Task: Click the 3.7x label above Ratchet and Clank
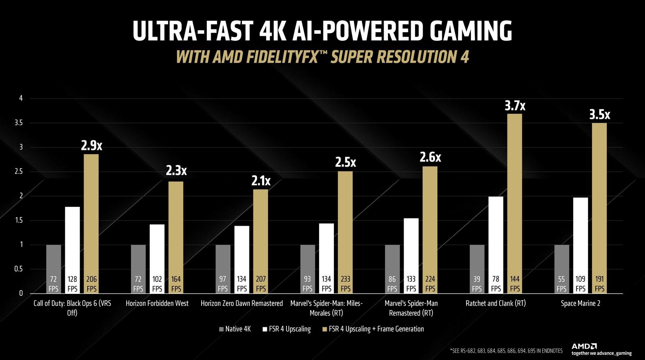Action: pos(515,106)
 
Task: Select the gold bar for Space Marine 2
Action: pos(599,207)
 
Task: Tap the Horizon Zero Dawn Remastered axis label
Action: pos(241,303)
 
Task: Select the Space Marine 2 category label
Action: pos(580,303)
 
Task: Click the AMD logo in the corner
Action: pos(584,346)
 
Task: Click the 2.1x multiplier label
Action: pos(261,181)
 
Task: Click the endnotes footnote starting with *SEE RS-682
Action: pos(506,351)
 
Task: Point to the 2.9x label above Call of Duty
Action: pos(91,146)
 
